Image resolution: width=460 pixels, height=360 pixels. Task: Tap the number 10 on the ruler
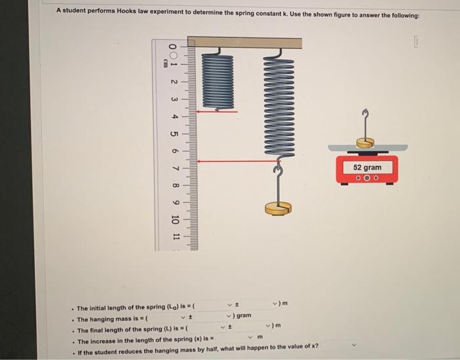click(174, 219)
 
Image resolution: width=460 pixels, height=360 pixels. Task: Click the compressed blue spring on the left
click(217, 80)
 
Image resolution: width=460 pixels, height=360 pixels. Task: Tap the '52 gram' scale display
click(367, 168)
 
